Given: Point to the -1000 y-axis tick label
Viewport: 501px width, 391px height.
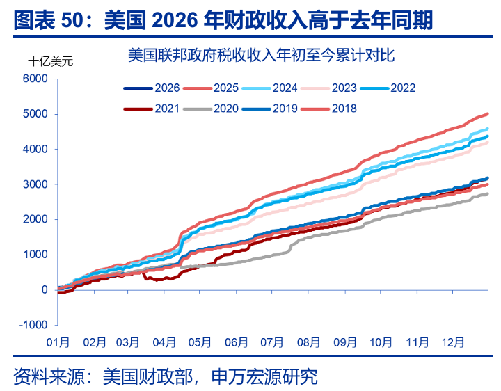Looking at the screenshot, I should [33, 325].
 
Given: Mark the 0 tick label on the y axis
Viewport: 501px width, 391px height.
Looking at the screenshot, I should [44, 289].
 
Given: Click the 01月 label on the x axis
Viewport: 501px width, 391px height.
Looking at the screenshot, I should [58, 342].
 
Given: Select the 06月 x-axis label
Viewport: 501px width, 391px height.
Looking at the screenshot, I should [237, 342].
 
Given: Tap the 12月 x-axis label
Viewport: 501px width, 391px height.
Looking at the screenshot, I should [452, 342].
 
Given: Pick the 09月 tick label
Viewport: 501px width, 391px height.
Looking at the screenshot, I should [345, 342].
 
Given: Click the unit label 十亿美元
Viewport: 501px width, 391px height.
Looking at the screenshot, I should [49, 61].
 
